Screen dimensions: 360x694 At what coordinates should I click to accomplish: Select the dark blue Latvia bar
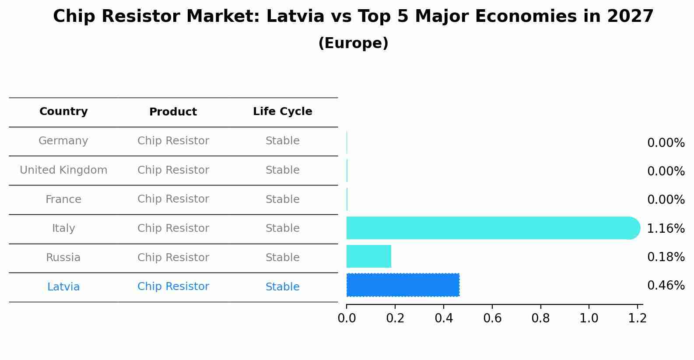click(403, 285)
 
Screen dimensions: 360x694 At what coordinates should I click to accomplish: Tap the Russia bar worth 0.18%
click(369, 256)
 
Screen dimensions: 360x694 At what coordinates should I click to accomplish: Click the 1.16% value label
click(666, 228)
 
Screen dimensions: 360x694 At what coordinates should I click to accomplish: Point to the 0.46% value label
click(666, 286)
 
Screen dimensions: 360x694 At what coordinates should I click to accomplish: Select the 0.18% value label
click(666, 257)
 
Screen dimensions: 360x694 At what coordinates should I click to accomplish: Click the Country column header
click(63, 112)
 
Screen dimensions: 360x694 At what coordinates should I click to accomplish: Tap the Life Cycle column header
click(283, 112)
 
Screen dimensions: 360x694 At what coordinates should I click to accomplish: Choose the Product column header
click(173, 112)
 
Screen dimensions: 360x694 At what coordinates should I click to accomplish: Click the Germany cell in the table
click(63, 141)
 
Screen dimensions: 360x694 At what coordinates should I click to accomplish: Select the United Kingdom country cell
click(63, 170)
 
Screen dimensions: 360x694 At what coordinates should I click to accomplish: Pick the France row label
click(63, 199)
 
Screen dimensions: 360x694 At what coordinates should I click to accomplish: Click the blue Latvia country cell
click(63, 287)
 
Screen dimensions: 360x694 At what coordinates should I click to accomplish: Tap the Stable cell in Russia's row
click(283, 258)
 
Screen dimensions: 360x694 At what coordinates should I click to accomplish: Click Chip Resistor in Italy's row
click(173, 228)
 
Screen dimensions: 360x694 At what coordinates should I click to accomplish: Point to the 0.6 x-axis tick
click(492, 318)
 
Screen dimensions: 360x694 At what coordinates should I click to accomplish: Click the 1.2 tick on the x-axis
click(637, 318)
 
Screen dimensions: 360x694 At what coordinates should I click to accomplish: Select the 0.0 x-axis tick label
click(347, 318)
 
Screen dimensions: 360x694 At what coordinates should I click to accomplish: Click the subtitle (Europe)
click(353, 43)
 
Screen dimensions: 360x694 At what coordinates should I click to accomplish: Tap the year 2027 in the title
click(630, 17)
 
